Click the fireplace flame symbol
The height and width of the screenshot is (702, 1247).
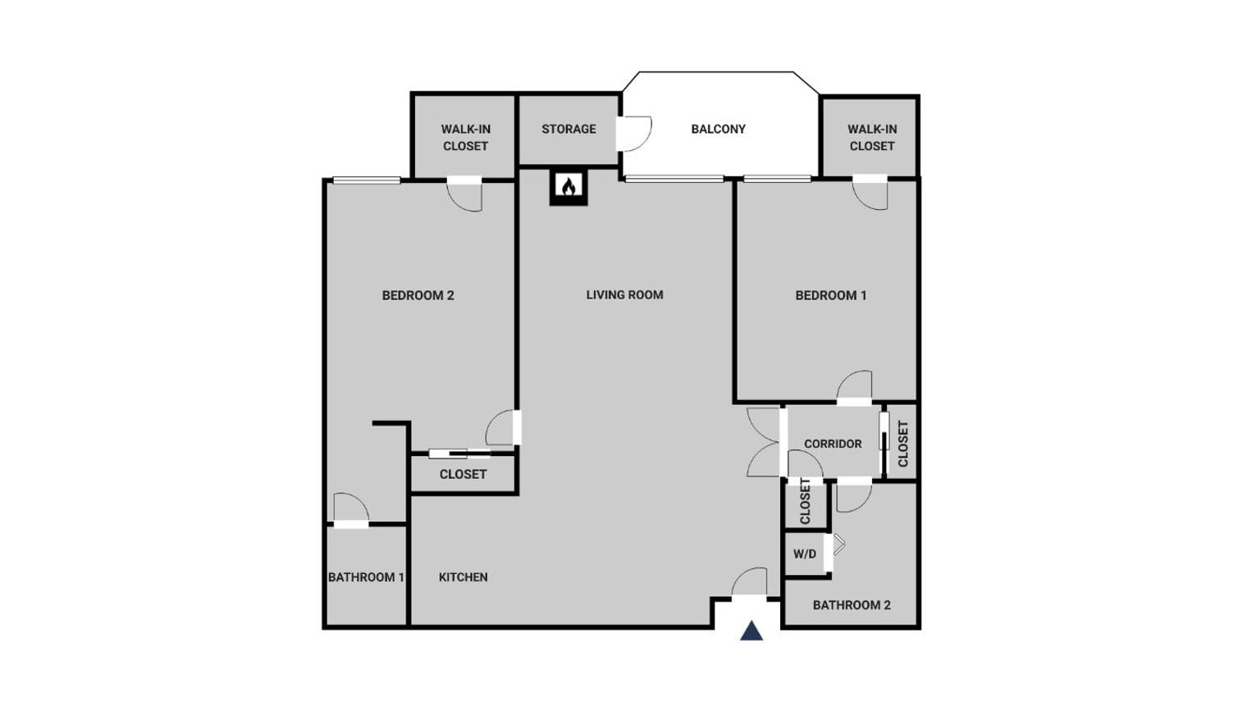(568, 187)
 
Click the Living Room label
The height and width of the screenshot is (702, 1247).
(624, 294)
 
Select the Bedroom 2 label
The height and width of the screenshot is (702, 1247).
(418, 295)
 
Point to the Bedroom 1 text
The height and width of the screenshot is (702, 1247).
(830, 295)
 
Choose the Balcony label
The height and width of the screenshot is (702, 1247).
(718, 129)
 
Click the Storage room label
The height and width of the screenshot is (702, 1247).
(569, 129)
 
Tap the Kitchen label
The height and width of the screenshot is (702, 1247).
(464, 577)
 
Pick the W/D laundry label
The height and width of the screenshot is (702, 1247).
(805, 554)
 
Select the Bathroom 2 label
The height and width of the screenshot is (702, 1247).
(852, 604)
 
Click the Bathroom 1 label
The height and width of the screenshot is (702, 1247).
(366, 577)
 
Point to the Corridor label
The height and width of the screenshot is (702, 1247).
(833, 443)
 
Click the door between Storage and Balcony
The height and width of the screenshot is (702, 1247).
(634, 134)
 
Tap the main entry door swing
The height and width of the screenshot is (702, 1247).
(749, 583)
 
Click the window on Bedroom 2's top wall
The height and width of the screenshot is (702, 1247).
(366, 180)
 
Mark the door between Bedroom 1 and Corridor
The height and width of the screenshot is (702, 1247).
(855, 387)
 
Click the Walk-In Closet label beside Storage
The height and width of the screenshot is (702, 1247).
(465, 137)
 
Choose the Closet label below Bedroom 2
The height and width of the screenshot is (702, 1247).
(463, 474)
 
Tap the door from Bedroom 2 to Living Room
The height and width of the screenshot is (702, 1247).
(503, 427)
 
